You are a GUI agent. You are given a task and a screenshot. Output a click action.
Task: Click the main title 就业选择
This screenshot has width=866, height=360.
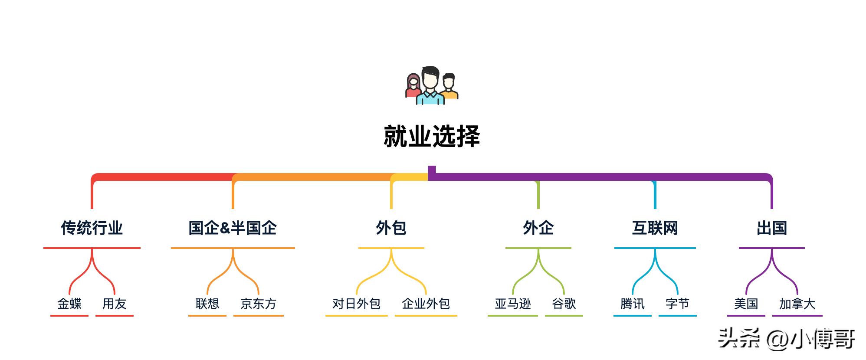click(432, 137)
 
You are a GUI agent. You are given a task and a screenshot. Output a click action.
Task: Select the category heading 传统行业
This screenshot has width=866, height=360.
click(92, 228)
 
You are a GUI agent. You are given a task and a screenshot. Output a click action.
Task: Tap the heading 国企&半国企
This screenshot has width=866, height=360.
click(233, 228)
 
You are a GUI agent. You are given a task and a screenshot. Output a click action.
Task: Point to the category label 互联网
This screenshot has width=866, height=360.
click(655, 228)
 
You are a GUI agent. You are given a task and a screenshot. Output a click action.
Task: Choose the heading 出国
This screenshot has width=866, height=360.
click(771, 228)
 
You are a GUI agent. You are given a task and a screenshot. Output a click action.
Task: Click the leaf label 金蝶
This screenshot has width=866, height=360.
click(69, 304)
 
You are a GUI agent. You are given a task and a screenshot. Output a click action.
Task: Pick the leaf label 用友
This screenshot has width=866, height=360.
click(114, 304)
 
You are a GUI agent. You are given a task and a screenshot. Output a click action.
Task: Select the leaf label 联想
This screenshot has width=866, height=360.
click(207, 304)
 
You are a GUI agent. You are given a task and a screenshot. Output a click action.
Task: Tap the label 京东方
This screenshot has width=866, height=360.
click(258, 304)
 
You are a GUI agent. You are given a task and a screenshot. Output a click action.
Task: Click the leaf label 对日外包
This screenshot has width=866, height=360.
click(356, 304)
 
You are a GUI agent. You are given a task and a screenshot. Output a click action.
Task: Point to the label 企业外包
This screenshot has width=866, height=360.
click(426, 304)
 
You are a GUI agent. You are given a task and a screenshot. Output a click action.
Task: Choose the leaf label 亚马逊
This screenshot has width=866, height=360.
click(513, 304)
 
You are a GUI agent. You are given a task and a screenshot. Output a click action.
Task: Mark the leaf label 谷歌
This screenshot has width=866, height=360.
click(564, 304)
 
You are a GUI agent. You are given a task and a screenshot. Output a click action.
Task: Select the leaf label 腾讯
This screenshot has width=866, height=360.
click(632, 304)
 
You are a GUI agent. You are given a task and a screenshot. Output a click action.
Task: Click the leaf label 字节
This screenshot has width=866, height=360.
click(677, 304)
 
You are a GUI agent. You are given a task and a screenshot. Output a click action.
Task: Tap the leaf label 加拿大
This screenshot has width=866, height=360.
click(797, 304)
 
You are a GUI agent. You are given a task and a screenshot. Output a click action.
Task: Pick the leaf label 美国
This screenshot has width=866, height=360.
click(746, 304)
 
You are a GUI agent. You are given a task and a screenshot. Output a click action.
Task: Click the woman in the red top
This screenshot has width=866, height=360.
click(413, 87)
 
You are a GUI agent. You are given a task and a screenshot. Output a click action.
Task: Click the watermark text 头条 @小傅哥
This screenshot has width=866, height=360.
click(786, 339)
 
